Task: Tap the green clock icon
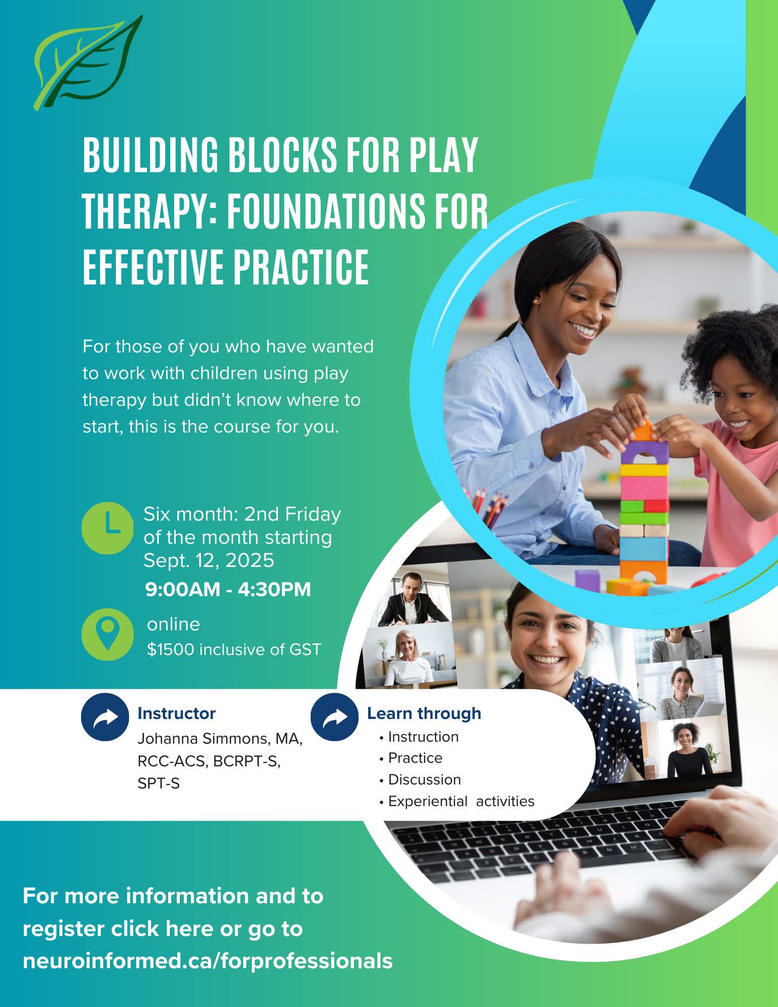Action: [108, 528]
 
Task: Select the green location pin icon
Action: [107, 634]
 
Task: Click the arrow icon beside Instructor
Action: [105, 717]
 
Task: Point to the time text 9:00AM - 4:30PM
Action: [228, 589]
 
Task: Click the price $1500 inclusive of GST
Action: [234, 650]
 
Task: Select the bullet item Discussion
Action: [425, 779]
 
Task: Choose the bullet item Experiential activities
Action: [461, 801]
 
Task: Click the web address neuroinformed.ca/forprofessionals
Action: [207, 961]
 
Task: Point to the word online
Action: [173, 624]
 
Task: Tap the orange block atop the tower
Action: [643, 431]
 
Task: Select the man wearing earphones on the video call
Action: [412, 600]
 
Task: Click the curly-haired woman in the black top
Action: [687, 749]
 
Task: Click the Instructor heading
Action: [176, 713]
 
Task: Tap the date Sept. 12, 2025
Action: [208, 560]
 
